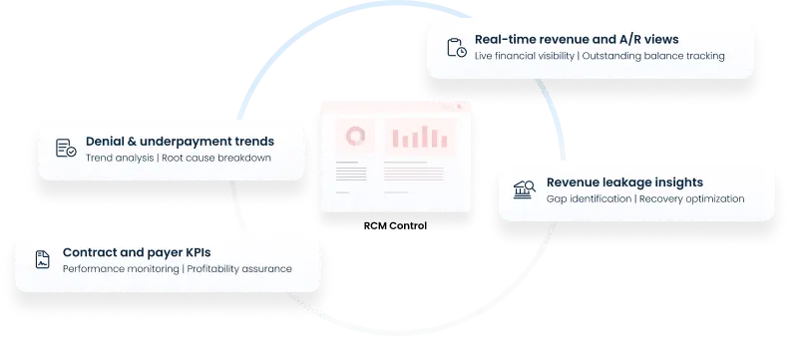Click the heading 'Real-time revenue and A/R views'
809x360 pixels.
pos(577,39)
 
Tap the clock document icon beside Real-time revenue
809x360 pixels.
pos(456,47)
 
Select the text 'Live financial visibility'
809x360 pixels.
pos(525,56)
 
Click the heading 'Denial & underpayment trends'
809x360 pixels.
pos(180,142)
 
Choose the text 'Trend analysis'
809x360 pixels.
pos(120,159)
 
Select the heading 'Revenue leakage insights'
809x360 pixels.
pos(624,182)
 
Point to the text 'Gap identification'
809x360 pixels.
pos(589,198)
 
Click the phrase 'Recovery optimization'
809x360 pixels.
pos(691,198)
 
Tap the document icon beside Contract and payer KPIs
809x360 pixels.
pos(42,259)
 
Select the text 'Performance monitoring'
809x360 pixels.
pos(121,268)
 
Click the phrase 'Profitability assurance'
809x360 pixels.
pos(239,268)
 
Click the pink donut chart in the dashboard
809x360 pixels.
pos(353,135)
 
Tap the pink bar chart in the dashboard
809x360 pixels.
pos(418,137)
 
